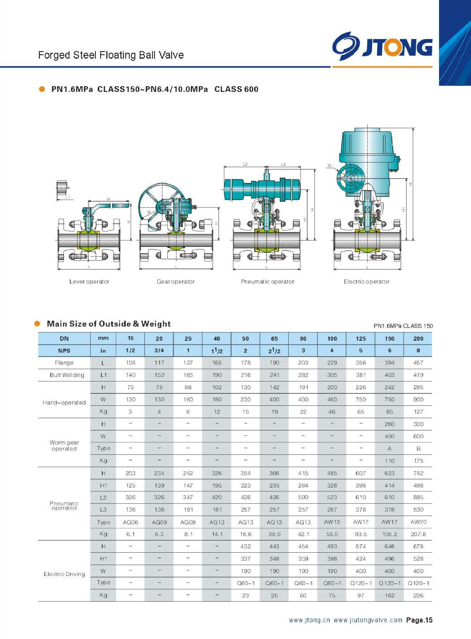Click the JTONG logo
point(382,47)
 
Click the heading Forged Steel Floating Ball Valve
point(111,55)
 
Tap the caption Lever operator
point(89,282)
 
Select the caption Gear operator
point(176,282)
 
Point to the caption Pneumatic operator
point(267,282)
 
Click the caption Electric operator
point(366,282)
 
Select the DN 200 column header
point(418,339)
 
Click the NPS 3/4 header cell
point(159,351)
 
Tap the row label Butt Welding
point(67,375)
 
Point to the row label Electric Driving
point(64,574)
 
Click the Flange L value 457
point(418,363)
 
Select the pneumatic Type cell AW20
point(418,522)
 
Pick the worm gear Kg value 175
point(418,461)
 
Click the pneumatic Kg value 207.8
point(418,534)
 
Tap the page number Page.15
point(419,620)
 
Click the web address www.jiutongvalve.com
point(368,620)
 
